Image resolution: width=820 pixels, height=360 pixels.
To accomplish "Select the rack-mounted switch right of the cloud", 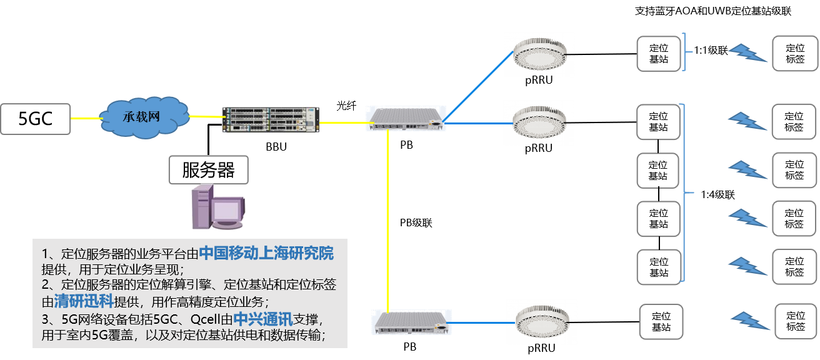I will tap(271, 119).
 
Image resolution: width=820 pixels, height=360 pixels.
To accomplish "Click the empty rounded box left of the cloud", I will tap(36, 119).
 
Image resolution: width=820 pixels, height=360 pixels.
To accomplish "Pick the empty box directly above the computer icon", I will tap(208, 170).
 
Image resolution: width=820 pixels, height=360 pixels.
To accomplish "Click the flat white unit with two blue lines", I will tap(406, 118).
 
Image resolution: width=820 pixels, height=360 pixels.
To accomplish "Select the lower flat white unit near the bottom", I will tap(411, 321).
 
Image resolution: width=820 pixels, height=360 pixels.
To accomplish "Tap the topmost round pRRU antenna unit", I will tap(539, 54).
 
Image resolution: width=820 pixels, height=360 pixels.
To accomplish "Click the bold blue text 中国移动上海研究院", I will tap(266, 253).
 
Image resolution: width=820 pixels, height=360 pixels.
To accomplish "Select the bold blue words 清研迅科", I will tap(84, 301).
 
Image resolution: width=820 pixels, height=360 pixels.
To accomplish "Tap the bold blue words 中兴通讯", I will tap(262, 319).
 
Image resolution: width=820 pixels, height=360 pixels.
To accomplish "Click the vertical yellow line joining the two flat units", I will tap(388, 219).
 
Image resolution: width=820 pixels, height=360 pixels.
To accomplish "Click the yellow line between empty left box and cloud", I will tap(86, 118).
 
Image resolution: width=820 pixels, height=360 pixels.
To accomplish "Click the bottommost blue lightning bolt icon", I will tap(750, 321).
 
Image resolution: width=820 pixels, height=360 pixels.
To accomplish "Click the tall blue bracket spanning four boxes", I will tap(686, 192).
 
